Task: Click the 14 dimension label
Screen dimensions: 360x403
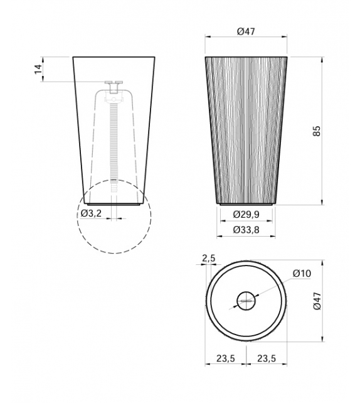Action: coord(38,69)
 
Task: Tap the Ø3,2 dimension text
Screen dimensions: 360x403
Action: coord(91,213)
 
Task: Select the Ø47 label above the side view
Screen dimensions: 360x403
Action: coord(246,31)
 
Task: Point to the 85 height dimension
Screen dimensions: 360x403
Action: coord(317,131)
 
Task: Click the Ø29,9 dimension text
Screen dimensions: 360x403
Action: coord(246,214)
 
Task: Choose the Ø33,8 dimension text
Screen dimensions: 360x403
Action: coord(246,230)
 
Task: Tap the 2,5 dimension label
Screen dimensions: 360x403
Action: coord(208,258)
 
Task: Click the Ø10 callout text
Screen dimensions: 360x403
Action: coord(302,273)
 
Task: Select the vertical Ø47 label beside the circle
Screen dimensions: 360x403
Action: coord(317,301)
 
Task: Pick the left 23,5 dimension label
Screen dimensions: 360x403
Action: coord(225,358)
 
